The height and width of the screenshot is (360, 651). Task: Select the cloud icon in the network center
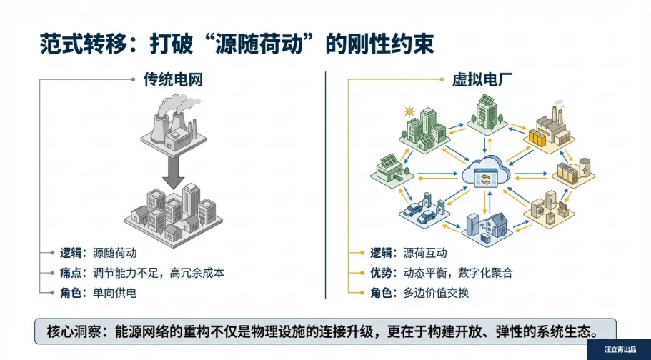tap(487, 171)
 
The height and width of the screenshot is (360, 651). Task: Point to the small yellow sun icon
tap(409, 111)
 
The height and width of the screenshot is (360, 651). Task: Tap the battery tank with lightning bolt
tap(584, 169)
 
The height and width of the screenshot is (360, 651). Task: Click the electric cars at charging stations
tap(422, 209)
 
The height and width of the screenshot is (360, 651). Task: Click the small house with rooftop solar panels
tap(389, 169)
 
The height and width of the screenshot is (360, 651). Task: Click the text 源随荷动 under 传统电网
tap(114, 253)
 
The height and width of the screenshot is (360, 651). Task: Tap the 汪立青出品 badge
tap(619, 350)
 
